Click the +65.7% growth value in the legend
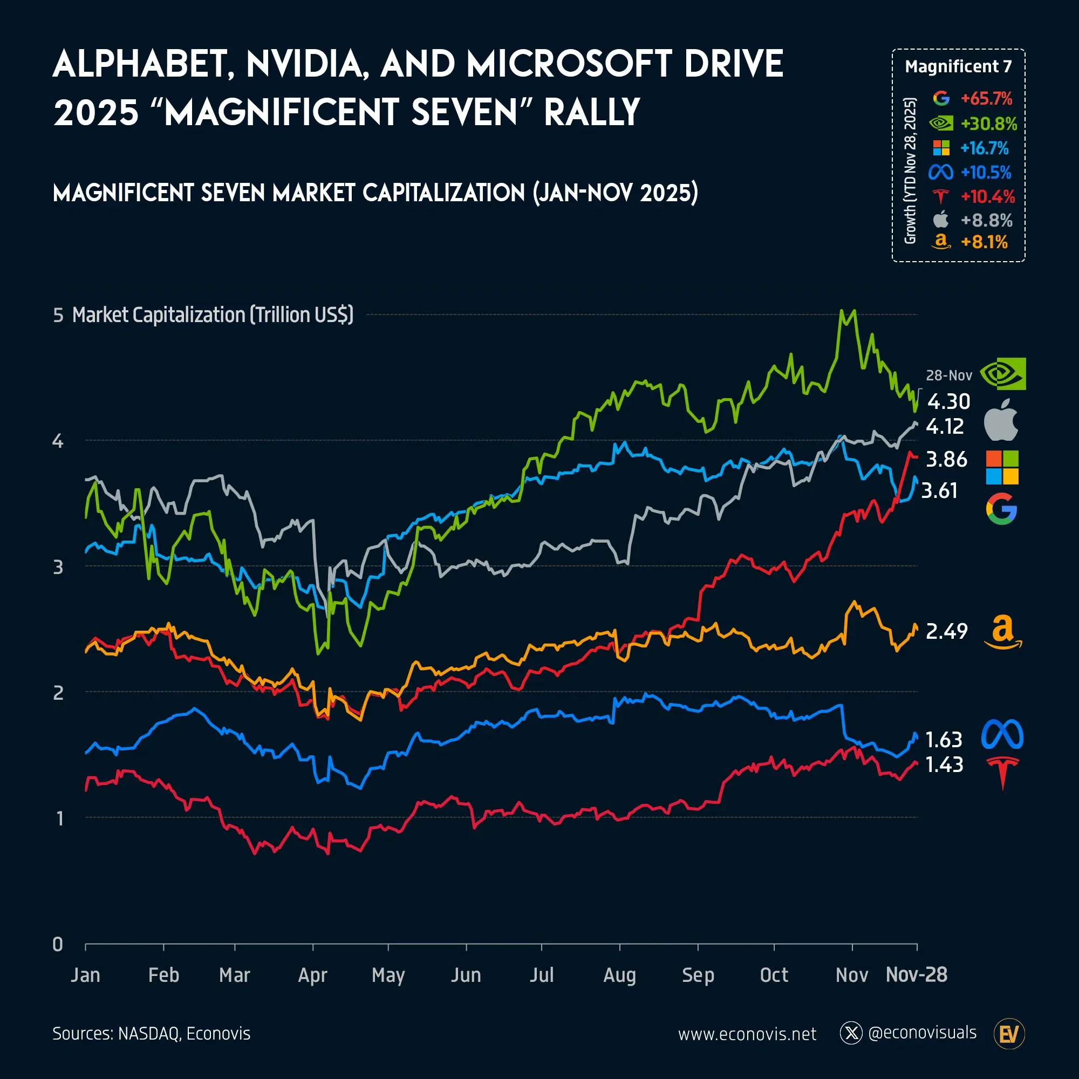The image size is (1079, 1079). pyautogui.click(x=986, y=99)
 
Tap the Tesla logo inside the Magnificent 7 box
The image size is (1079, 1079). pyautogui.click(x=941, y=196)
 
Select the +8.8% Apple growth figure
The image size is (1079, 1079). pyautogui.click(x=986, y=221)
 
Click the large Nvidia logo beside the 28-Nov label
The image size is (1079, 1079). pyautogui.click(x=1003, y=374)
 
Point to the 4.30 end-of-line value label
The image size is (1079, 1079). pyautogui.click(x=949, y=401)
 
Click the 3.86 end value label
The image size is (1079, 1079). pyautogui.click(x=947, y=459)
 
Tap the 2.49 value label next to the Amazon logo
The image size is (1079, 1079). pyautogui.click(x=947, y=631)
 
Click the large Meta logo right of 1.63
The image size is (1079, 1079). pyautogui.click(x=1002, y=734)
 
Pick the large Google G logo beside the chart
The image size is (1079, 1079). pyautogui.click(x=1001, y=509)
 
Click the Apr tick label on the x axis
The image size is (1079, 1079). pyautogui.click(x=312, y=975)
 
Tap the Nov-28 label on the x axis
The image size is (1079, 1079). pyautogui.click(x=917, y=974)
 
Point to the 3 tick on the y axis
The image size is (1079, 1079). pyautogui.click(x=58, y=568)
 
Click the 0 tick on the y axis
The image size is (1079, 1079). pyautogui.click(x=58, y=945)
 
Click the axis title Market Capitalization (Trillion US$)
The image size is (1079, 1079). pyautogui.click(x=213, y=315)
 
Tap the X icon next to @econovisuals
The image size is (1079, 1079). pyautogui.click(x=851, y=1033)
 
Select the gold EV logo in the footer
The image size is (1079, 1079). pyautogui.click(x=1009, y=1034)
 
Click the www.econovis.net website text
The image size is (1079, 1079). pyautogui.click(x=747, y=1034)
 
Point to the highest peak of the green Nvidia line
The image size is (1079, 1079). pyautogui.click(x=841, y=311)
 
